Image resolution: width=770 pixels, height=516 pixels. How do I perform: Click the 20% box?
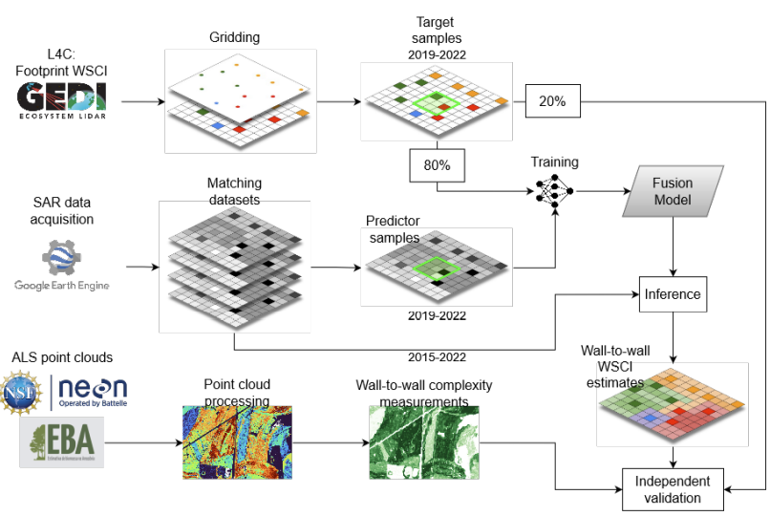pyautogui.click(x=552, y=100)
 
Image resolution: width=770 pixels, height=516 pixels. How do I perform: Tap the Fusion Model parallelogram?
pyautogui.click(x=672, y=191)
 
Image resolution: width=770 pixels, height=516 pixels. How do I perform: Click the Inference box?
pyautogui.click(x=673, y=293)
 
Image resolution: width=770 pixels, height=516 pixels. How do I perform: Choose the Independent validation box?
pyautogui.click(x=673, y=487)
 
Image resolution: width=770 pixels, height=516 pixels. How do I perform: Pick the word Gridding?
pyautogui.click(x=235, y=37)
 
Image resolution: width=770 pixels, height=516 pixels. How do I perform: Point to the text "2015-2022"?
pyautogui.click(x=438, y=356)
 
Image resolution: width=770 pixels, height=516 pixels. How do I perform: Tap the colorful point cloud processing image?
pyautogui.click(x=237, y=441)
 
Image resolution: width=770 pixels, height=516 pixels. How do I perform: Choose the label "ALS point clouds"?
pyautogui.click(x=62, y=357)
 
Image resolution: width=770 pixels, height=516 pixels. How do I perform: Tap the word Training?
pyautogui.click(x=554, y=162)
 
